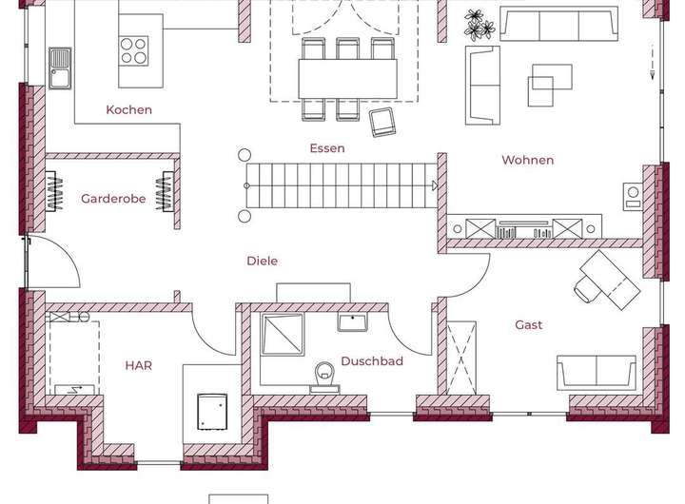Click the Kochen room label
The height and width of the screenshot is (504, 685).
128,109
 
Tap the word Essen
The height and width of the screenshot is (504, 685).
326,148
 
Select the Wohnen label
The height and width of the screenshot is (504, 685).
527,160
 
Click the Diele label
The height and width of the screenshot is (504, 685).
262,261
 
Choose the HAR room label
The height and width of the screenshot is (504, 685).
138,364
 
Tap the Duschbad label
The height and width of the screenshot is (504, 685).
372,361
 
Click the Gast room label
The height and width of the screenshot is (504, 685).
529,325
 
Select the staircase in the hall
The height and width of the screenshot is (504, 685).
338,184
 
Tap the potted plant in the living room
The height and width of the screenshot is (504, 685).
479,25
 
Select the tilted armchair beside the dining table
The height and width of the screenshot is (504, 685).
383,122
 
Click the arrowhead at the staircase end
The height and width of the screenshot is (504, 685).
434,184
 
